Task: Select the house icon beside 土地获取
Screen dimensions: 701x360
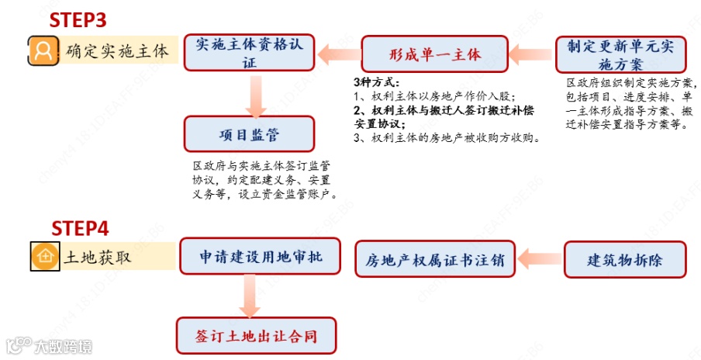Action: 44,256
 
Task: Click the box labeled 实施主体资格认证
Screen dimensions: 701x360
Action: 248,53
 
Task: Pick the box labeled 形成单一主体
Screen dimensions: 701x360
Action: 434,54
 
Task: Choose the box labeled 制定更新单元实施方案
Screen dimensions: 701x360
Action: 620,54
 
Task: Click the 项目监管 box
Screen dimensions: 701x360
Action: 248,134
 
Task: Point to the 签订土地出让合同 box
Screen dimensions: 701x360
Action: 256,336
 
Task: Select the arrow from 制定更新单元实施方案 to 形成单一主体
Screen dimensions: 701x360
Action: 533,54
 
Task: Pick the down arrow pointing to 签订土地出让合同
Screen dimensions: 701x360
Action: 249,296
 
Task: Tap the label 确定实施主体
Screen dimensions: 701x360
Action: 117,51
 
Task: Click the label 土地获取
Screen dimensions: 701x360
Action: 98,256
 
